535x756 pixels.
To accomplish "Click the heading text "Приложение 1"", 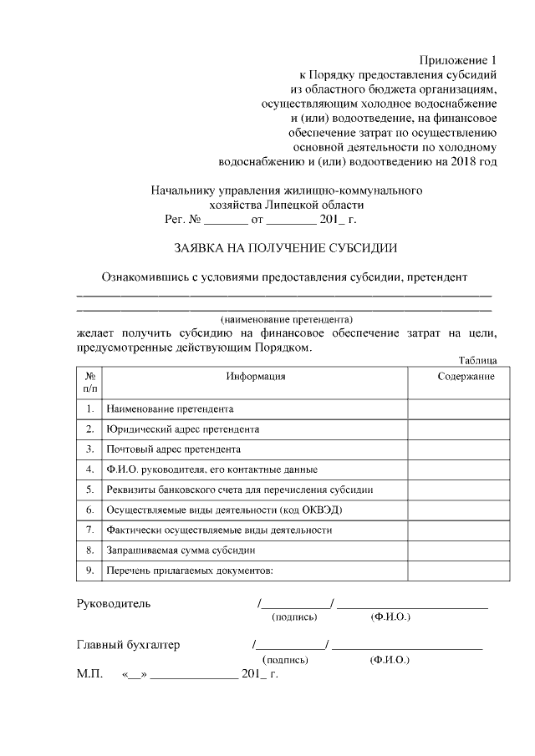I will click(458, 61).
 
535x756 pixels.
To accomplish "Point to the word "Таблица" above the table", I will click(479, 361).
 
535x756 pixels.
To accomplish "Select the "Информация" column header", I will click(255, 377).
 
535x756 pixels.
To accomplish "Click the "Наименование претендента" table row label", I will click(169, 409).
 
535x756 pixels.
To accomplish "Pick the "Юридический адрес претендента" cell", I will click(182, 429).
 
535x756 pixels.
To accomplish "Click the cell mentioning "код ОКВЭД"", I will click(225, 510).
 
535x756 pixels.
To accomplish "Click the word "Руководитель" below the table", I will click(114, 603).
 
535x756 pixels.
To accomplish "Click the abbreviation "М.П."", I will click(89, 673).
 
